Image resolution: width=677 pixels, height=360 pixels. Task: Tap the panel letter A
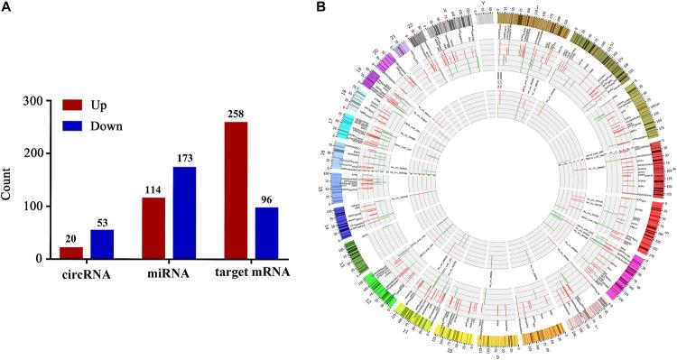coord(6,8)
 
